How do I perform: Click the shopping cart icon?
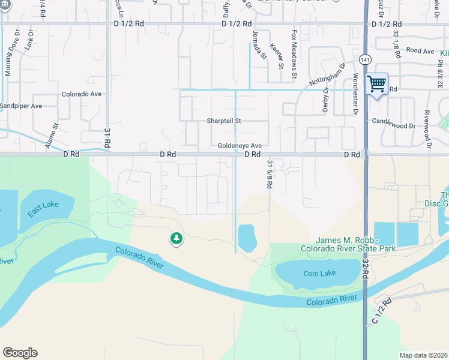(x=376, y=84)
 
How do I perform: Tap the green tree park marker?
(x=176, y=239)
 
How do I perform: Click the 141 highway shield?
(x=364, y=60)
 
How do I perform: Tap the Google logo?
(x=20, y=353)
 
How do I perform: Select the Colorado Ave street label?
(x=82, y=94)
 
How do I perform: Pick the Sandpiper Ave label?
(x=21, y=106)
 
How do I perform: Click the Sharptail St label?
(x=224, y=121)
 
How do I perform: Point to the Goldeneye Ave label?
(x=240, y=146)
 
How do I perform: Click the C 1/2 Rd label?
(x=381, y=311)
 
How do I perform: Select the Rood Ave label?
(x=420, y=52)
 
